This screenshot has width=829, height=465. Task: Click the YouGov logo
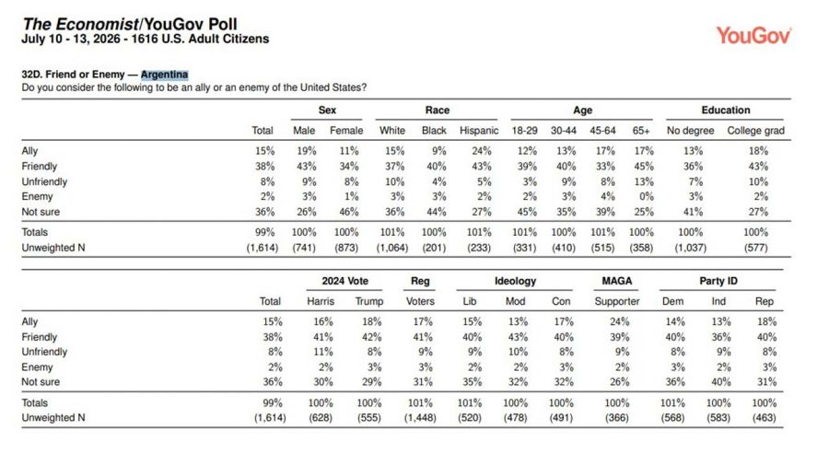coord(753,35)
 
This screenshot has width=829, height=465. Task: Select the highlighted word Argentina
coord(165,75)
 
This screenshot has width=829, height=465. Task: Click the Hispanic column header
coord(479,131)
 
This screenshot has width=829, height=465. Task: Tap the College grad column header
coord(755,131)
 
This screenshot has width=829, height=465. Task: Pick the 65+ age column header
coord(641,131)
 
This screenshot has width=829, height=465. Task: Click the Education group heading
coord(726,110)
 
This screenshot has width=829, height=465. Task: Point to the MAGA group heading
coord(617,281)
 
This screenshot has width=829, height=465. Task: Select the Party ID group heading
coord(718,281)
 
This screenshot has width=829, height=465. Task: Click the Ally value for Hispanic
coord(482,151)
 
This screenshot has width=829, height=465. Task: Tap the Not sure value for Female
coord(349,212)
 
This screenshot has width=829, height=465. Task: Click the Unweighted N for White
coord(392,248)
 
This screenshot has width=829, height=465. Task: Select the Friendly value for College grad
coord(758,166)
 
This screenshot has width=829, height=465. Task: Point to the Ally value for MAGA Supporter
coord(619,321)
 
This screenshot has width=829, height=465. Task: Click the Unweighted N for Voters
coord(420,417)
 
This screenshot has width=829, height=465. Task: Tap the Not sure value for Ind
coord(721,382)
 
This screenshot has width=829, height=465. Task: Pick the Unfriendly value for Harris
coord(323,352)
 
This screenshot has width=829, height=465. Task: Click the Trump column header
coord(369,301)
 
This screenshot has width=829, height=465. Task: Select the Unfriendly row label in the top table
coord(44,181)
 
